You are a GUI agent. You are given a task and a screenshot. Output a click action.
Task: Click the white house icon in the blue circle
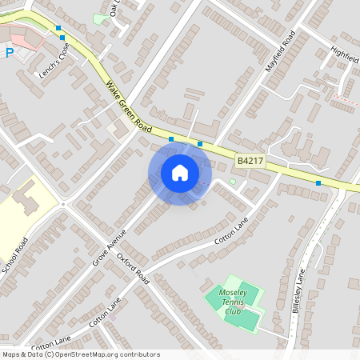[x=180, y=172]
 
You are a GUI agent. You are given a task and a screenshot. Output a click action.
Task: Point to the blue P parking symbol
[x=10, y=54]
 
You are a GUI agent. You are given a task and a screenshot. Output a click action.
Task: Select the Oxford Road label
[x=133, y=269]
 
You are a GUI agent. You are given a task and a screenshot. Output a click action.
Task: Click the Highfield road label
[x=344, y=57]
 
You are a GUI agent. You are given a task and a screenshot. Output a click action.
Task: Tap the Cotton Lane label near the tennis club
[x=232, y=230]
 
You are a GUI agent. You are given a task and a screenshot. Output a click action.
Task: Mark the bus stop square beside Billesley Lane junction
[x=318, y=183]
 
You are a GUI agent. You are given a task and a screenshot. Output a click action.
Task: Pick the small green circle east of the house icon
[x=233, y=182]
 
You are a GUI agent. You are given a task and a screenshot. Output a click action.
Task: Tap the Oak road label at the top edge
[x=114, y=9]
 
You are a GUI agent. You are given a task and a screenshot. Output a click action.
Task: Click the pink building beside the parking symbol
[x=24, y=38]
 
